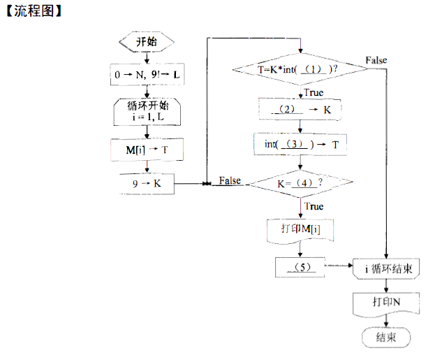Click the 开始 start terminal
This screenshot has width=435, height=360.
(146, 42)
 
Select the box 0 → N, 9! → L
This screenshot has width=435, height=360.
(146, 73)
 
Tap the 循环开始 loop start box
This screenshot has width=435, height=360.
(147, 110)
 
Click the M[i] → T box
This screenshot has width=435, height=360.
(146, 150)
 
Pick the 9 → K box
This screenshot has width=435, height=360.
(146, 183)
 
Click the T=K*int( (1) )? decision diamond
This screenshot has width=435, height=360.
(300, 69)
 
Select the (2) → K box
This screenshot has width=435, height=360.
(300, 110)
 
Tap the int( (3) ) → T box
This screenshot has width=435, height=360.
(300, 144)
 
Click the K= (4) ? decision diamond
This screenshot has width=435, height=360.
(300, 183)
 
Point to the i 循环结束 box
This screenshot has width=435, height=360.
(387, 268)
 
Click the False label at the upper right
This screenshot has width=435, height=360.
(376, 61)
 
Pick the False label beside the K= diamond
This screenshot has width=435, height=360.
(230, 180)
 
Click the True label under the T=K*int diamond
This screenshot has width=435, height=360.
(313, 92)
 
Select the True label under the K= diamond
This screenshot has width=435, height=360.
(314, 206)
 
